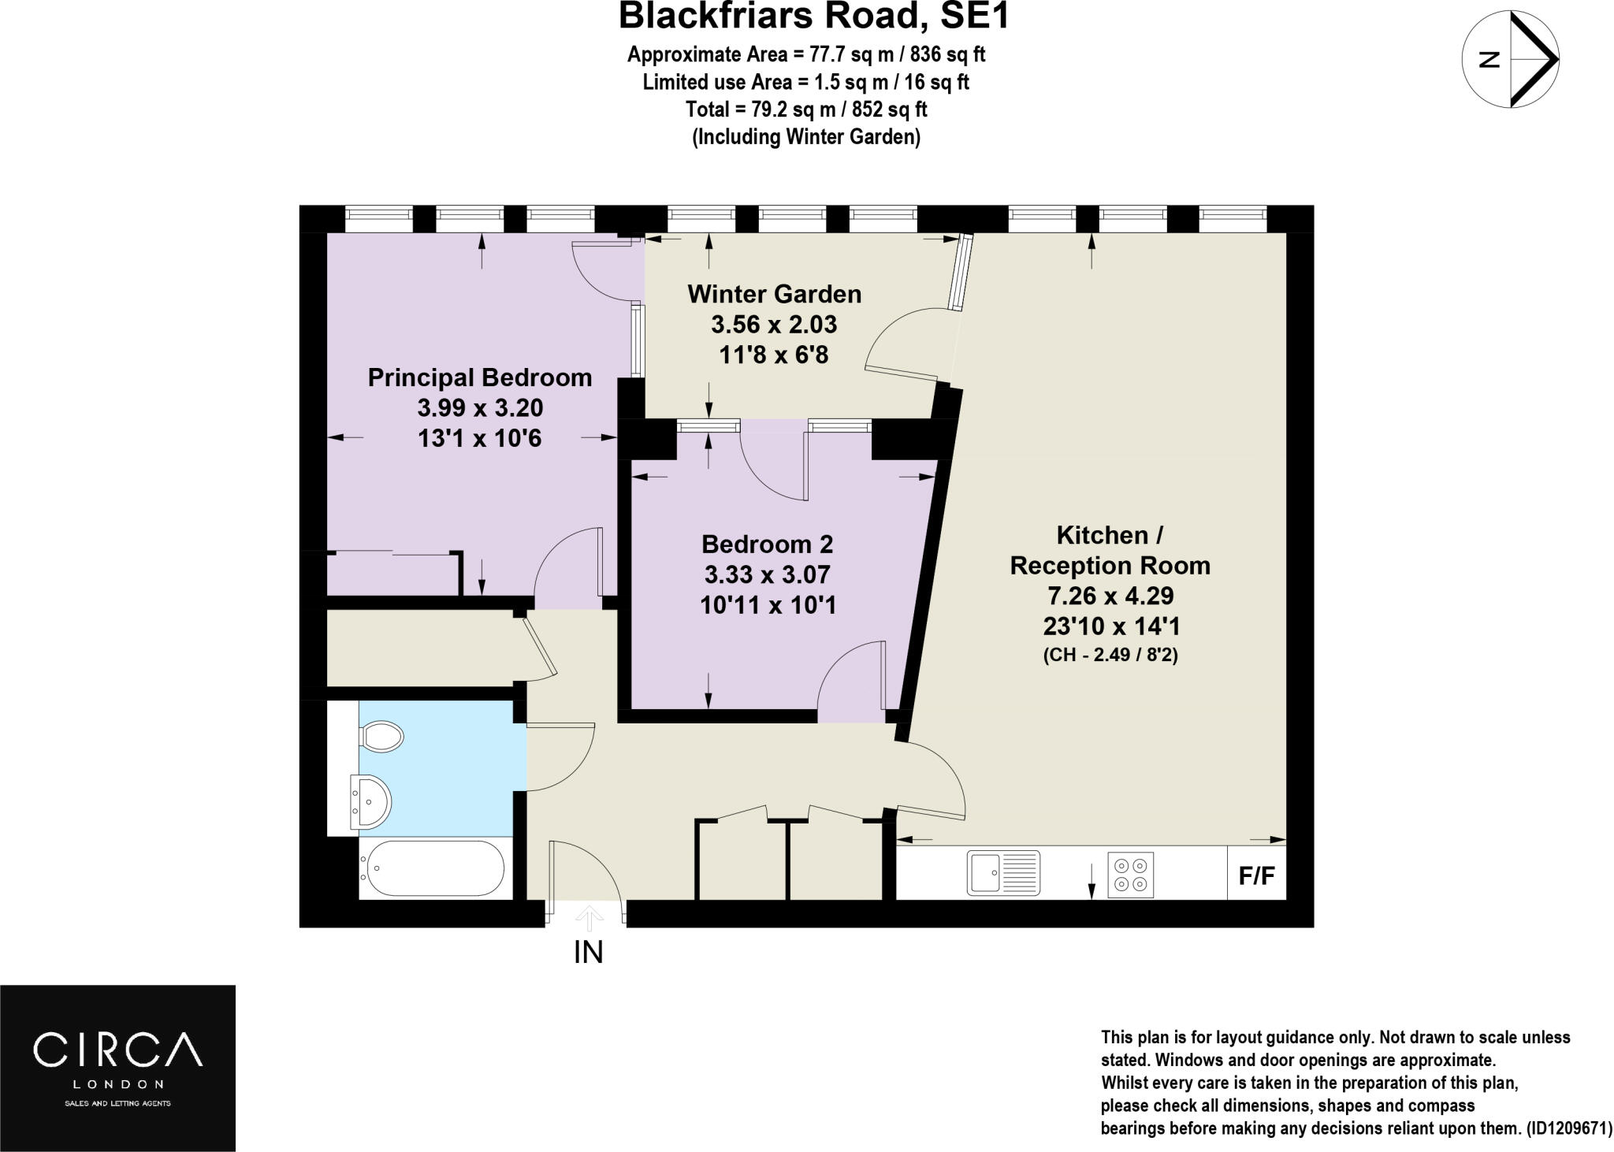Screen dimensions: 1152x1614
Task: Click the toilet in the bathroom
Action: point(382,737)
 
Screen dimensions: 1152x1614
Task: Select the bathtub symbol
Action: point(432,868)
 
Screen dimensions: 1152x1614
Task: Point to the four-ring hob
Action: point(1131,874)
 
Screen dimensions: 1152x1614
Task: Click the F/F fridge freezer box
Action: point(1256,875)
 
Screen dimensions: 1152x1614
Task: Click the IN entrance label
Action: point(588,953)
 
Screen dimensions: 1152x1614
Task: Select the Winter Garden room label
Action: point(774,294)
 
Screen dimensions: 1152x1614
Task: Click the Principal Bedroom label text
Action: point(479,377)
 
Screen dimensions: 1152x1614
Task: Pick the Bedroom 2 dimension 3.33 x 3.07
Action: point(767,574)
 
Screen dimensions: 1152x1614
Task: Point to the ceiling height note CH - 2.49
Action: point(1110,655)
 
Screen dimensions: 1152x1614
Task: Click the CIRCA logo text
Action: point(117,1049)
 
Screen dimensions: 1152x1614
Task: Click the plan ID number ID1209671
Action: point(1563,1128)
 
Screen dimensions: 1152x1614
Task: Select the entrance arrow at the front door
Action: point(589,918)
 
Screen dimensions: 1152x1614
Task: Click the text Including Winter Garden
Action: point(805,136)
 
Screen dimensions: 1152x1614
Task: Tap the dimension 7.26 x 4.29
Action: point(1110,596)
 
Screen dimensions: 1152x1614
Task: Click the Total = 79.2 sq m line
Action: point(805,109)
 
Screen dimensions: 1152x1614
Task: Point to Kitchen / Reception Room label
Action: point(1110,550)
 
